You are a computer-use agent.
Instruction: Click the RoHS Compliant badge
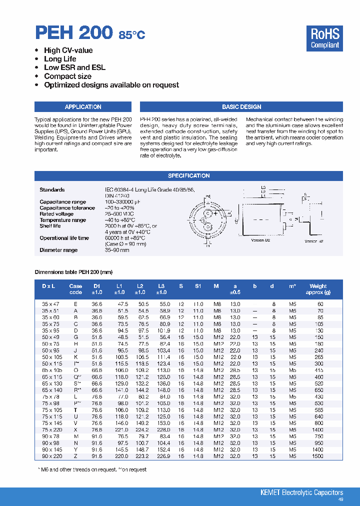[x=325, y=38]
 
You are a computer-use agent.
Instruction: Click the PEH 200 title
[x=74, y=33]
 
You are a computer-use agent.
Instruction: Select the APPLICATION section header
[x=83, y=107]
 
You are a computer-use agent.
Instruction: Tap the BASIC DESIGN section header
[x=241, y=107]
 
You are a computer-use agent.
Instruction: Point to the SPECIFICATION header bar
[x=188, y=176]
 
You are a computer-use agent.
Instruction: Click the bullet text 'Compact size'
[x=67, y=76]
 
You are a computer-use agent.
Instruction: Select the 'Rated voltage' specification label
[x=56, y=214]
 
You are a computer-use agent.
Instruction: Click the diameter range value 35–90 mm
[x=117, y=250]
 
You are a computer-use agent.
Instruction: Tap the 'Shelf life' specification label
[x=50, y=226]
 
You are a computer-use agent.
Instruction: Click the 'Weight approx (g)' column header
[x=317, y=289]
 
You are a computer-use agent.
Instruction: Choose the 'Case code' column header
[x=75, y=289]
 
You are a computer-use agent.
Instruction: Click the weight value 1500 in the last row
[x=317, y=456]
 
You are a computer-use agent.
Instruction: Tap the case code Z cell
[x=75, y=456]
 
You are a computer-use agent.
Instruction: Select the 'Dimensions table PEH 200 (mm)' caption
[x=73, y=272]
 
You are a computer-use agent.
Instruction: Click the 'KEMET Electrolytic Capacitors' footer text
[x=301, y=493]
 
